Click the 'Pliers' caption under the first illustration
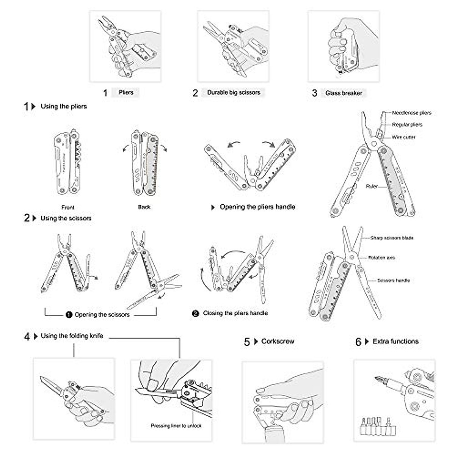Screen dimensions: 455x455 pos(126,93)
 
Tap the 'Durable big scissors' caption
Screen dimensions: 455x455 pos(234,93)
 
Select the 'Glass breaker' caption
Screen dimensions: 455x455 pos(344,93)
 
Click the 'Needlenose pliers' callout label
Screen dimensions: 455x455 pos(411,113)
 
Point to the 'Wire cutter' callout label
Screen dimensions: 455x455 pos(404,137)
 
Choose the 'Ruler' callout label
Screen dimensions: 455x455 pos(372,186)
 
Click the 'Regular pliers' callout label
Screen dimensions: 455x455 pos(407,125)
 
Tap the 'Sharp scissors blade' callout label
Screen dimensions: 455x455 pos(392,238)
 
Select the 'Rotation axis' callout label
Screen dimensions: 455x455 pos(381,258)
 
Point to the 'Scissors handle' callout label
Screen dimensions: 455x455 pos(393,281)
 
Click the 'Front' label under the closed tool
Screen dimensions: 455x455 pos(68,207)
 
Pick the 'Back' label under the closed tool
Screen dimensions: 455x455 pos(144,207)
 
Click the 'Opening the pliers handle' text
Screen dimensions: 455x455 pos(257,207)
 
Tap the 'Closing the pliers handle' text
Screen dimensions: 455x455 pos(235,313)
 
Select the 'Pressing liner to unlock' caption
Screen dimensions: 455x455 pos(176,426)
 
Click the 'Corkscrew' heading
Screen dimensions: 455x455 pos(278,341)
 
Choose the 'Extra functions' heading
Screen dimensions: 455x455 pos(395,341)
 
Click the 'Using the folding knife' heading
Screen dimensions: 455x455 pos(72,336)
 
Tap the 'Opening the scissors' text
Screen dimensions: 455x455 pos(102,315)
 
